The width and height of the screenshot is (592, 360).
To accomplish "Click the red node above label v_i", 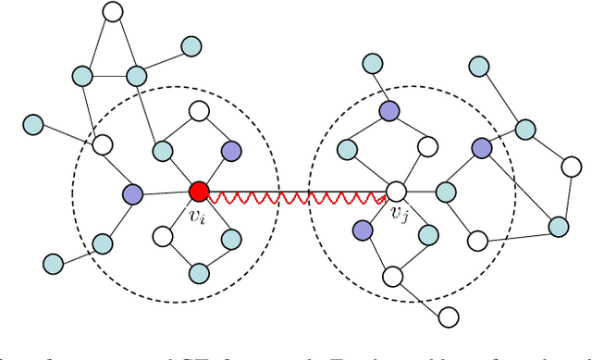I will [198, 192].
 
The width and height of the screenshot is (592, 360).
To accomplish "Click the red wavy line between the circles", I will [297, 197].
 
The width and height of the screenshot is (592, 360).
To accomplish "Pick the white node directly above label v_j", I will [395, 192].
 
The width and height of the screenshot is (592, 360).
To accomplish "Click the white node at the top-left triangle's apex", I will [112, 13].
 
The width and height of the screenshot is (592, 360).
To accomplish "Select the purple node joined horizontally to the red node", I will [133, 193].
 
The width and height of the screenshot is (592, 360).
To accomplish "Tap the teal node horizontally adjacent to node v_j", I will [446, 192].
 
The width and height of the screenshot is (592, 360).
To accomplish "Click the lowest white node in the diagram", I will [449, 317].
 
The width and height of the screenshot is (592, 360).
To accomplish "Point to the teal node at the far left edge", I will [33, 122].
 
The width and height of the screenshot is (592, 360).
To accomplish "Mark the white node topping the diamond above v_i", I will [198, 112].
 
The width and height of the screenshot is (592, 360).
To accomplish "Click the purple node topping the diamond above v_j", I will [388, 111].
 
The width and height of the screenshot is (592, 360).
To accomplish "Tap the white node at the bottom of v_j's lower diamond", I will [392, 275].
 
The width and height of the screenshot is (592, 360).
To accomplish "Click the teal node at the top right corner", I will [479, 67].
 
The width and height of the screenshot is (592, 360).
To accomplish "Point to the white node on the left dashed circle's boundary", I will [103, 144].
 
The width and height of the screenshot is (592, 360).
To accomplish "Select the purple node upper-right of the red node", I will [231, 150].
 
